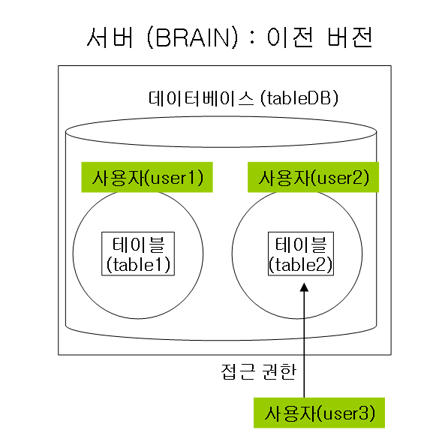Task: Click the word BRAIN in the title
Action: (x=193, y=38)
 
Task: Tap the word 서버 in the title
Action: (x=110, y=38)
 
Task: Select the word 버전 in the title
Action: (x=350, y=38)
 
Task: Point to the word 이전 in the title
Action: (x=290, y=38)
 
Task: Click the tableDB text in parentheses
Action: (x=299, y=98)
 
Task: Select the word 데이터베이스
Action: (x=201, y=98)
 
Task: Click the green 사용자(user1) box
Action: (x=147, y=177)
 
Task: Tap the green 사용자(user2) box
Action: (x=313, y=177)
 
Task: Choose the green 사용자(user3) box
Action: (x=319, y=413)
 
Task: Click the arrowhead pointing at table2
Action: (x=304, y=287)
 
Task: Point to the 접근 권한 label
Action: (x=259, y=371)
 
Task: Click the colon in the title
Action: (x=252, y=38)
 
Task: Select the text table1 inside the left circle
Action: (x=137, y=264)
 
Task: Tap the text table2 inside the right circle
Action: (x=300, y=264)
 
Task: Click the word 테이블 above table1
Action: (x=139, y=245)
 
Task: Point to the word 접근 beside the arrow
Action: (x=238, y=371)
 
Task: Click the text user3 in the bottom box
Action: (x=344, y=413)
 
